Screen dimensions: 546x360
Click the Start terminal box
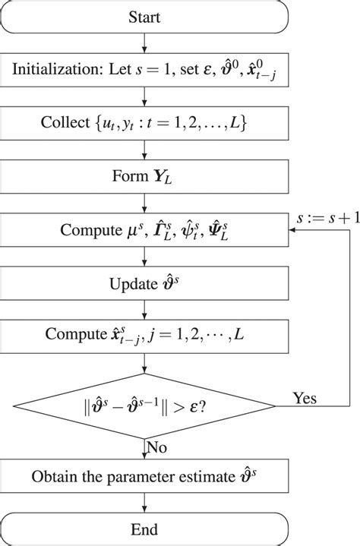[144, 17]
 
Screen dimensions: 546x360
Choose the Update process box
[144, 281]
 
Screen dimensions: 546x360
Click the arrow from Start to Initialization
[144, 43]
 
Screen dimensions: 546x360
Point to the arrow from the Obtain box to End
[144, 504]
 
